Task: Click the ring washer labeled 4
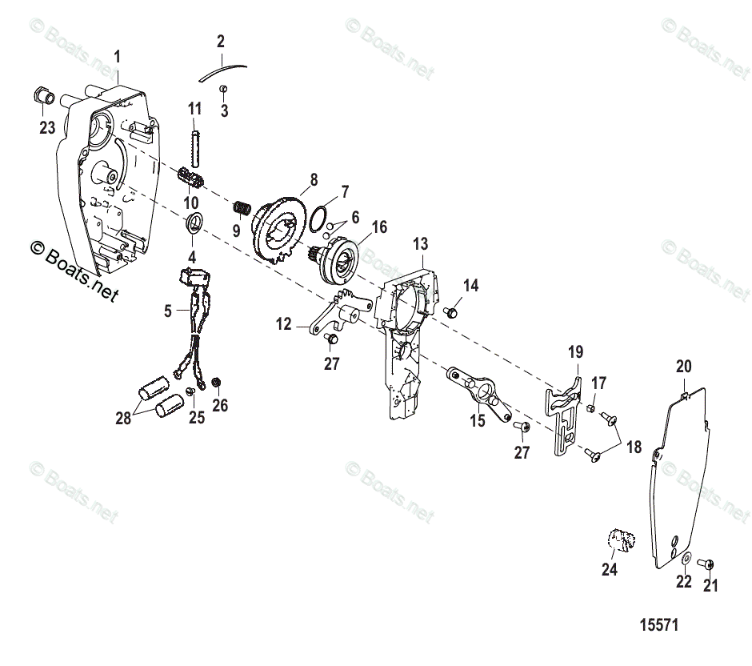click(194, 223)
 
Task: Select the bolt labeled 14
click(452, 311)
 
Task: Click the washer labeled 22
click(684, 557)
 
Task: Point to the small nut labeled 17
click(589, 408)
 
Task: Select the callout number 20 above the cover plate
click(683, 367)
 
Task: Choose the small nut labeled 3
click(225, 89)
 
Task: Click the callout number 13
click(421, 243)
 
